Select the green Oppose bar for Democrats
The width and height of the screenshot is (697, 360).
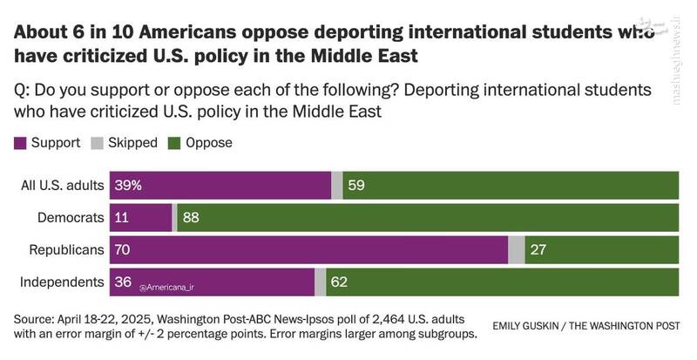(x=427, y=218)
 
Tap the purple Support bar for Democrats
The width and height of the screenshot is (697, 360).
(x=140, y=218)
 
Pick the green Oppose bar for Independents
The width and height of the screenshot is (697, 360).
(x=503, y=282)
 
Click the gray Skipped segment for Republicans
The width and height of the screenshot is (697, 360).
(x=517, y=250)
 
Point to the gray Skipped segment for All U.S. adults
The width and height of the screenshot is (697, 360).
(x=337, y=186)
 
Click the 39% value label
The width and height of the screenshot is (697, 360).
(x=127, y=186)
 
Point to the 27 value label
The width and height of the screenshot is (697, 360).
(x=538, y=250)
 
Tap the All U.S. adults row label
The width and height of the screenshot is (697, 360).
(x=62, y=186)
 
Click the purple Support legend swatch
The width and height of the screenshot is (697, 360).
(x=20, y=143)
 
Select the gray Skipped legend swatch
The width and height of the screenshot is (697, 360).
(x=98, y=143)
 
